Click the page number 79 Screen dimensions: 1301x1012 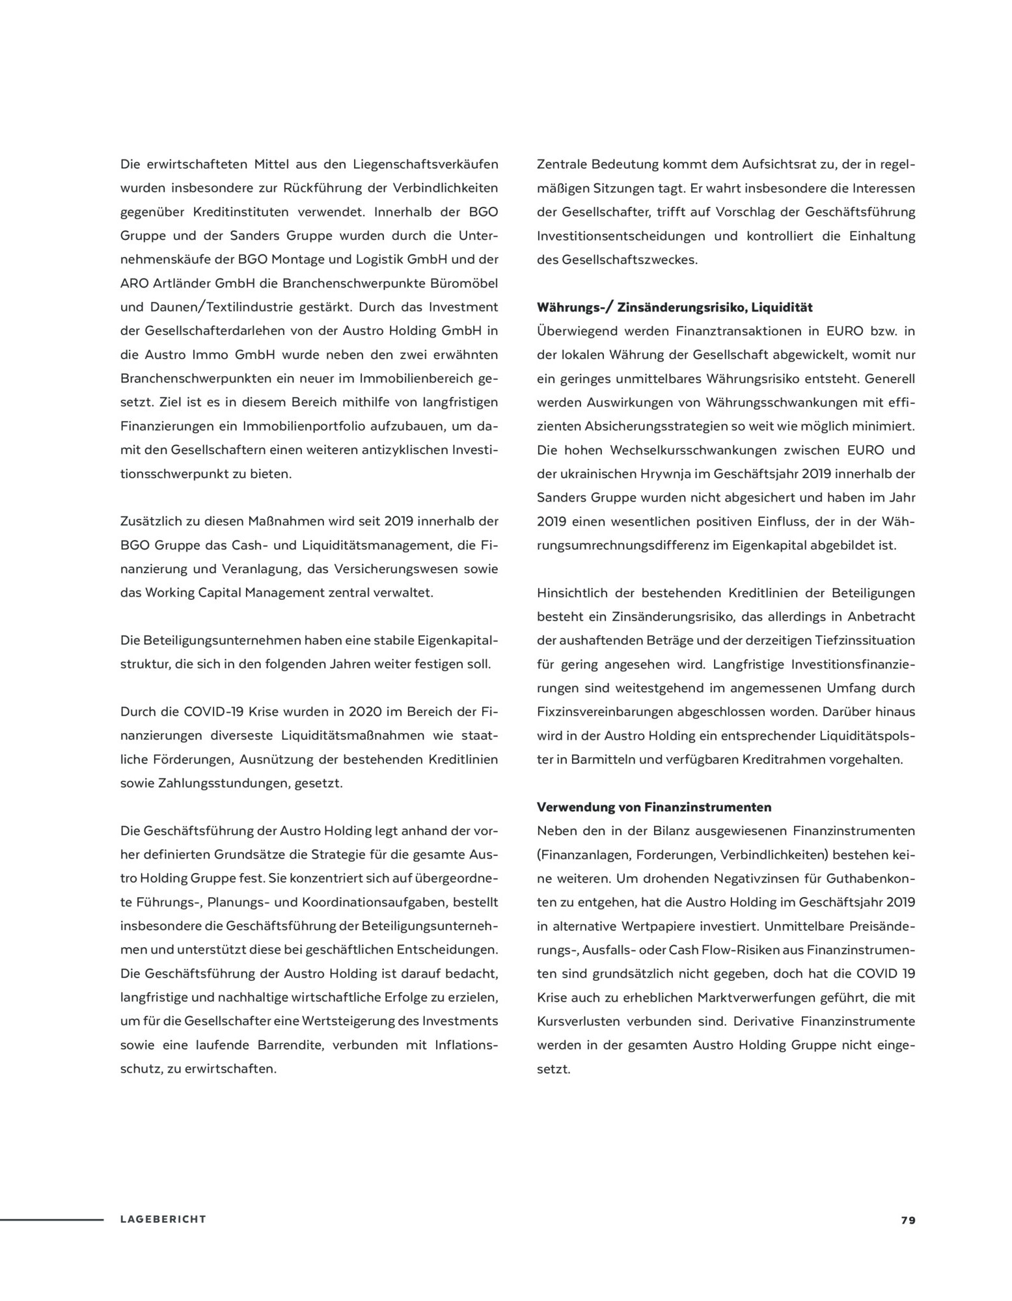(x=908, y=1220)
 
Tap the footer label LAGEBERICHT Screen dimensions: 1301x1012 (x=163, y=1220)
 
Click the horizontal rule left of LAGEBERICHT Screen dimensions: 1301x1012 (x=51, y=1220)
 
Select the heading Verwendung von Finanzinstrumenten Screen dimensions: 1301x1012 (x=654, y=807)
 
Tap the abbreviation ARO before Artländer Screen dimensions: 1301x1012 (x=133, y=284)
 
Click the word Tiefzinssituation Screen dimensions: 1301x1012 (x=865, y=640)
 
